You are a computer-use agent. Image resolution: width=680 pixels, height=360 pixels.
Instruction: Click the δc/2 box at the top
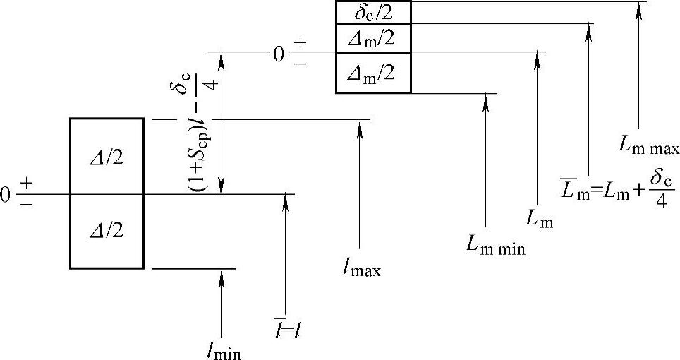[x=373, y=12]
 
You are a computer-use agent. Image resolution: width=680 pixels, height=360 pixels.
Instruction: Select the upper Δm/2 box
[x=373, y=38]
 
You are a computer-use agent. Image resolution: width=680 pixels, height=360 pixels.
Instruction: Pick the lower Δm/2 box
[x=373, y=72]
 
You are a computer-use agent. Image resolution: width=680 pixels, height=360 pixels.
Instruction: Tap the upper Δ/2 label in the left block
[x=107, y=157]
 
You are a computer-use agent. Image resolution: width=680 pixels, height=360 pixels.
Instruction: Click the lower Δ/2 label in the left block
[x=107, y=231]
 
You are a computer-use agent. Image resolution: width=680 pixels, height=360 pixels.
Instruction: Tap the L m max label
[x=648, y=147]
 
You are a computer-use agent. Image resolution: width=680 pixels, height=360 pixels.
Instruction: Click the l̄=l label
[x=289, y=328]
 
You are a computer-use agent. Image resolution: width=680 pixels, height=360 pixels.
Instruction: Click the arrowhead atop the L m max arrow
[x=638, y=6]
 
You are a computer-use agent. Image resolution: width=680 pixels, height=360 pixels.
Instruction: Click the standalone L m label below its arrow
[x=540, y=220]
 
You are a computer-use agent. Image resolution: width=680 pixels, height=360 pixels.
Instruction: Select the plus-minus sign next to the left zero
[x=26, y=193]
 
